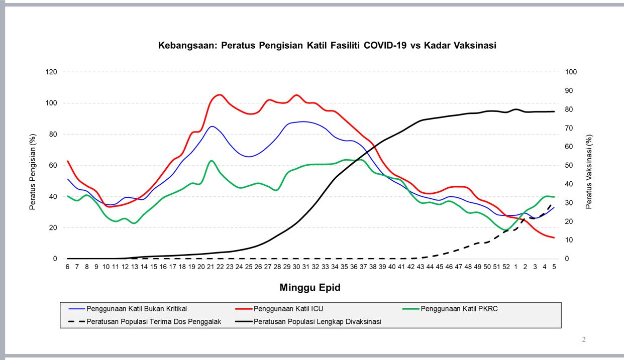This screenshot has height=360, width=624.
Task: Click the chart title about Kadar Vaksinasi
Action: point(327,46)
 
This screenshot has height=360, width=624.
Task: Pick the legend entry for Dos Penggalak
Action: point(154,321)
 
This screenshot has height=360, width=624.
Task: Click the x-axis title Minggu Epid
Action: point(310,288)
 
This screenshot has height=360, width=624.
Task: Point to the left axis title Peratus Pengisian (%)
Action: point(33,171)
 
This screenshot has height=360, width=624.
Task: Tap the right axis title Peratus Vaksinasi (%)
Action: point(589,171)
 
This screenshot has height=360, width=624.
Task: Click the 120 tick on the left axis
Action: point(52,72)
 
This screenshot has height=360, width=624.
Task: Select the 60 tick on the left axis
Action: point(53,166)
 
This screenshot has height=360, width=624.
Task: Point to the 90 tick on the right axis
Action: point(569,91)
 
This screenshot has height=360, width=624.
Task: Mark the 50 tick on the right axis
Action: point(569,166)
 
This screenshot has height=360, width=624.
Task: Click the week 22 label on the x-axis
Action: point(220,267)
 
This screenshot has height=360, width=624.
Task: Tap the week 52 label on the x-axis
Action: point(506,267)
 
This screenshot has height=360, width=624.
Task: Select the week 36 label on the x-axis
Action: point(354,267)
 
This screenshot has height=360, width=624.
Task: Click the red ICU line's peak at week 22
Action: point(220,94)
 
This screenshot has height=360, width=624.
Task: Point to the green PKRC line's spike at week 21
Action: point(212,161)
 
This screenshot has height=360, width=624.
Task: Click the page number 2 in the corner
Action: point(584,340)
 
